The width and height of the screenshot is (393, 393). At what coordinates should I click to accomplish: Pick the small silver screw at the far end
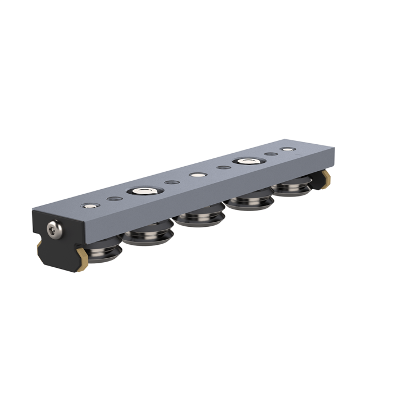289,150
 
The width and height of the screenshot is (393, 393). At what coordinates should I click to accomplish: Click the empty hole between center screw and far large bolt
223,168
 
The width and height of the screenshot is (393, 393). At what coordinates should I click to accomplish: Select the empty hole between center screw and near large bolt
172,182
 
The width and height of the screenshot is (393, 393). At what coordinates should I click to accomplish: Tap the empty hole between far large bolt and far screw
271,154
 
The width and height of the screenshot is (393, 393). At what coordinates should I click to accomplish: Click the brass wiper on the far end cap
327,178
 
